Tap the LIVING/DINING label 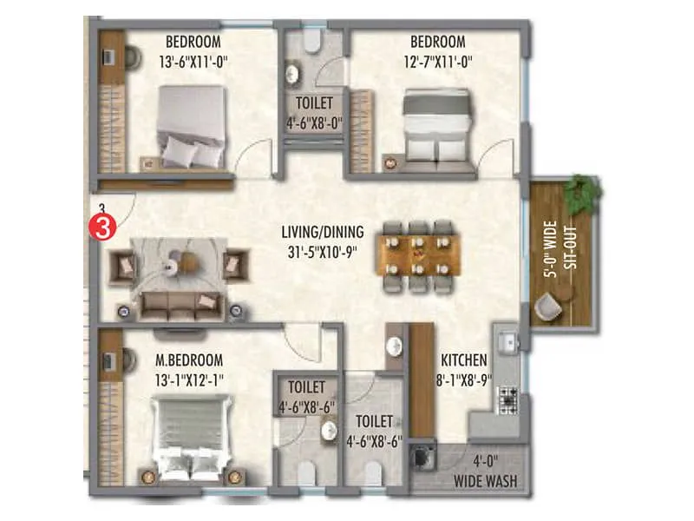[323, 232]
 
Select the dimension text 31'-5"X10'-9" [323, 249]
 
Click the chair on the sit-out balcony [548, 305]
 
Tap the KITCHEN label [463, 359]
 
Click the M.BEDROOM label [189, 359]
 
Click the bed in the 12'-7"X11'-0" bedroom [438, 128]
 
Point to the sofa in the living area [183, 304]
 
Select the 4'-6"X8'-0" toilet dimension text [314, 123]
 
